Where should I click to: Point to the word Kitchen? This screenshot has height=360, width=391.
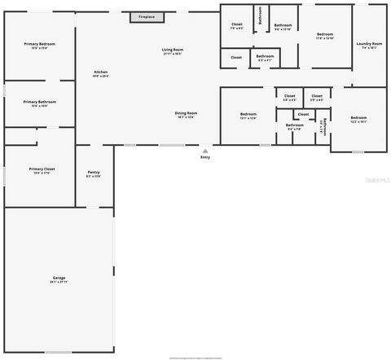coord(101,72)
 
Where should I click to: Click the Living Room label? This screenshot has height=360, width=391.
coord(172,50)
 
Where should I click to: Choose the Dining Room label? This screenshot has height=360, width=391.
coord(186,112)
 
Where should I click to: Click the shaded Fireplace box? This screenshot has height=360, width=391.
coord(147,16)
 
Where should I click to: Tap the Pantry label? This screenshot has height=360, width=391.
coord(94,172)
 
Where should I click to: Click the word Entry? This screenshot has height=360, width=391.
coord(205,156)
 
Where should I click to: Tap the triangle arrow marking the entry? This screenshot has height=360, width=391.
coord(205,150)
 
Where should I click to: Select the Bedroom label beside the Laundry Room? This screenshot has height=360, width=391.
coord(325,34)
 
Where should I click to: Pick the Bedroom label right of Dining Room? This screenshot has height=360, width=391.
coord(248,113)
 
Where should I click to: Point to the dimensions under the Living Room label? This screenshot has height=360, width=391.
coord(172,54)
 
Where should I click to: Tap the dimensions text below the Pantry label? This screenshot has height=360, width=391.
coord(94,176)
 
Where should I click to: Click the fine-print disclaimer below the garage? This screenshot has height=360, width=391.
coord(195,357)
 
